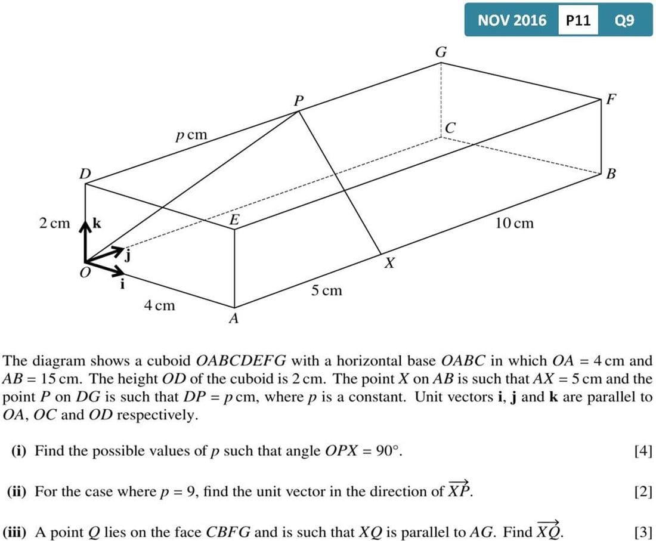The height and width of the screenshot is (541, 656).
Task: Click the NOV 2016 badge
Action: click(512, 20)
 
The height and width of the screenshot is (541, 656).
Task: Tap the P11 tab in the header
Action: click(578, 20)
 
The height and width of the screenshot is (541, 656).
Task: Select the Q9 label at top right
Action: click(624, 20)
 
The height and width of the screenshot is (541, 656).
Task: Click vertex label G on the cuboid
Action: click(441, 52)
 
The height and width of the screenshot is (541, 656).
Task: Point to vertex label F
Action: click(611, 99)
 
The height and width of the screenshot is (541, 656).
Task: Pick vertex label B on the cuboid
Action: click(610, 174)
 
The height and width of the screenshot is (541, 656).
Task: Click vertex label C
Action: click(450, 128)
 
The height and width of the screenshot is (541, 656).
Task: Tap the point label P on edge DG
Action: click(298, 101)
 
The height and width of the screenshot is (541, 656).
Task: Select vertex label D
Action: click(85, 174)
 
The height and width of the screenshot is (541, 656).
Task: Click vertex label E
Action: click(234, 220)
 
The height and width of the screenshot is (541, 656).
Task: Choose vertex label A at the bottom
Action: click(234, 319)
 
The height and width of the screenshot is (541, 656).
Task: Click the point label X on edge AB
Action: click(389, 262)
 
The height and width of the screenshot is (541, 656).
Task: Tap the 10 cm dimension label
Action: click(514, 223)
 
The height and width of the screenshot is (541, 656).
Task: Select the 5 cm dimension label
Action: click(326, 290)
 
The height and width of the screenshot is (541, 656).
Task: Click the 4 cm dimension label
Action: click(159, 305)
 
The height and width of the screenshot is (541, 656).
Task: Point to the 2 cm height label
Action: click(54, 224)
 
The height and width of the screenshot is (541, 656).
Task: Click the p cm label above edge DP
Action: click(191, 135)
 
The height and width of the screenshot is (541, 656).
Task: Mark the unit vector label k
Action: click(97, 224)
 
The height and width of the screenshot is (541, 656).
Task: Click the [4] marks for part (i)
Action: click(643, 451)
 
